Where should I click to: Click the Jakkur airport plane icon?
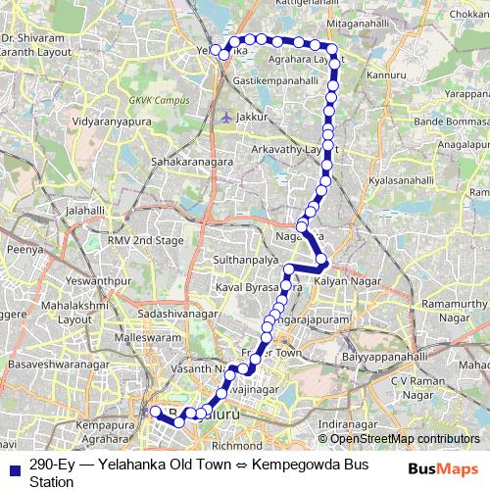[226, 117]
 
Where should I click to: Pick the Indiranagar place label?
[348, 424]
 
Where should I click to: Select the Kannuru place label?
[384, 74]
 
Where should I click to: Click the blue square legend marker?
[14, 468]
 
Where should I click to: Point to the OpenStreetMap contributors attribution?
[399, 440]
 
